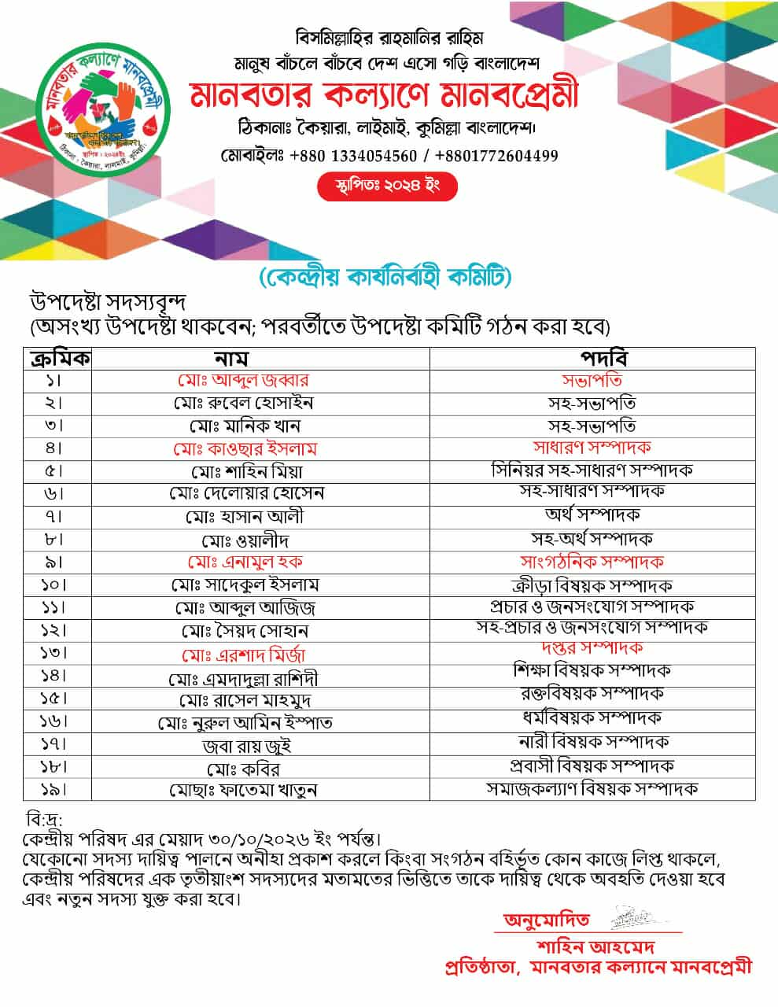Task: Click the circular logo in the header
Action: pyautogui.click(x=105, y=109)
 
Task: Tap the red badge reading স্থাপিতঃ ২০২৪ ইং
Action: pyautogui.click(x=386, y=187)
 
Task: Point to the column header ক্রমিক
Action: pyautogui.click(x=60, y=359)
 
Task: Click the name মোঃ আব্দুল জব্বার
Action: pyautogui.click(x=243, y=381)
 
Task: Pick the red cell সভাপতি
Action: pyautogui.click(x=592, y=381)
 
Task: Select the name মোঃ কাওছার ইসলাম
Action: pyautogui.click(x=245, y=449)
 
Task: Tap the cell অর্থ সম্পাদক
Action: pyautogui.click(x=592, y=515)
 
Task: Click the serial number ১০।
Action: pyautogui.click(x=54, y=585)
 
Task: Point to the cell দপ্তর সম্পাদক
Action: pyautogui.click(x=592, y=648)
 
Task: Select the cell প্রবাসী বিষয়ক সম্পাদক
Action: pyautogui.click(x=592, y=765)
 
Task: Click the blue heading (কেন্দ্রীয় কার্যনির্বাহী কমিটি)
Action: pyautogui.click(x=385, y=278)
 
